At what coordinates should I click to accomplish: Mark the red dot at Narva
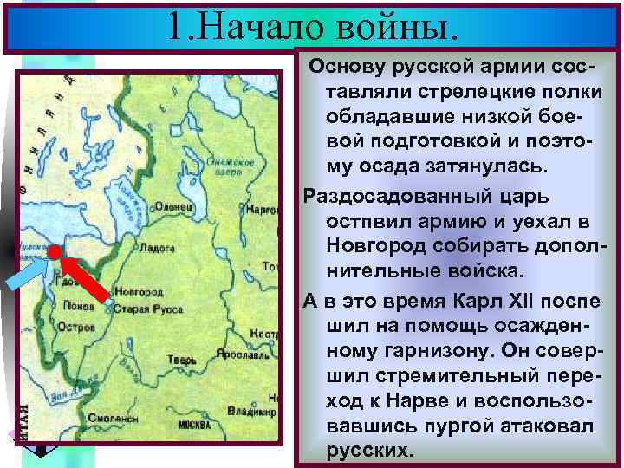[54, 251]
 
